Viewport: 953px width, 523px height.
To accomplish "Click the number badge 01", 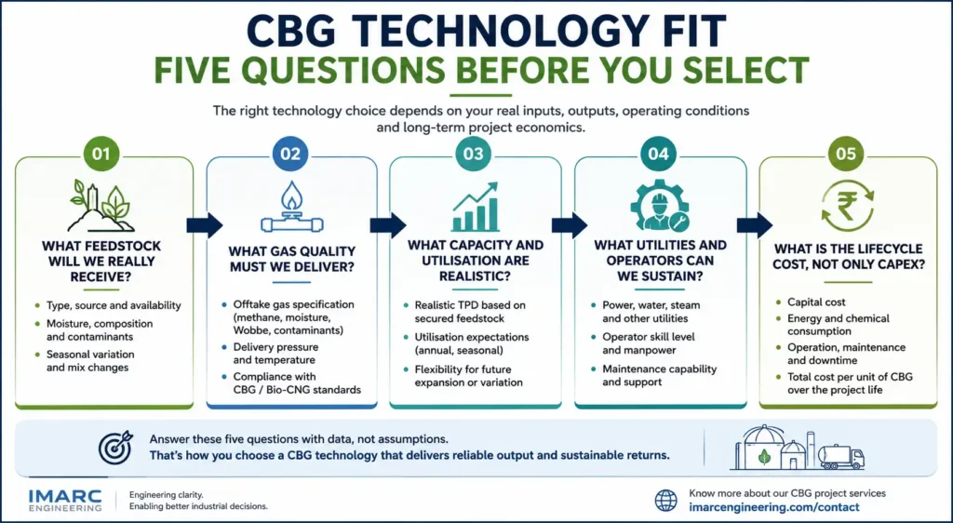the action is pos(101,154).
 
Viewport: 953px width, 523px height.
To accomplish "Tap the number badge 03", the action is pos(474,154).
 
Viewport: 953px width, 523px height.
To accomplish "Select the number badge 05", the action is pos(845,154).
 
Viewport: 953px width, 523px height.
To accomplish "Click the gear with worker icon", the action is pos(659,207).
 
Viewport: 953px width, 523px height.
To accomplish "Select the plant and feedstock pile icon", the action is pos(101,206).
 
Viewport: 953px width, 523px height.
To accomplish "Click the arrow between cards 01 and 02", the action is pos(204,225).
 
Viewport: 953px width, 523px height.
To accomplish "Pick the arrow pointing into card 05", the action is pos(754,225).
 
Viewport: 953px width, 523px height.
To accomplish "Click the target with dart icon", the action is pos(114,448).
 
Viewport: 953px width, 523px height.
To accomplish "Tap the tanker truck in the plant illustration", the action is pos(841,457).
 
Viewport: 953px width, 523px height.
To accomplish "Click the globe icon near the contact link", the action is pos(665,501).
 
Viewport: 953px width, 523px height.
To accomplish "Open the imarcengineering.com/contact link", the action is pos(774,507).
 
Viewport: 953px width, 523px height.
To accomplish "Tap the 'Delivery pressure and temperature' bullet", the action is pos(275,354).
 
